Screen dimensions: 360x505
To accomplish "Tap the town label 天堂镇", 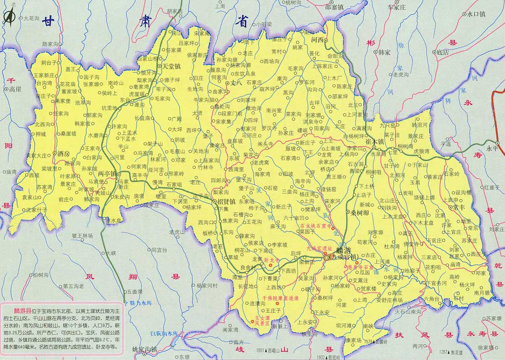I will pos(172,66).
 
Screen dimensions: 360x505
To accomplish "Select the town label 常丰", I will pos(458,207).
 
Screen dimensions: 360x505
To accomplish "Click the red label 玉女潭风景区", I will pos(266,320).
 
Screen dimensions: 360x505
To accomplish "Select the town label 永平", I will pos(492,148).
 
